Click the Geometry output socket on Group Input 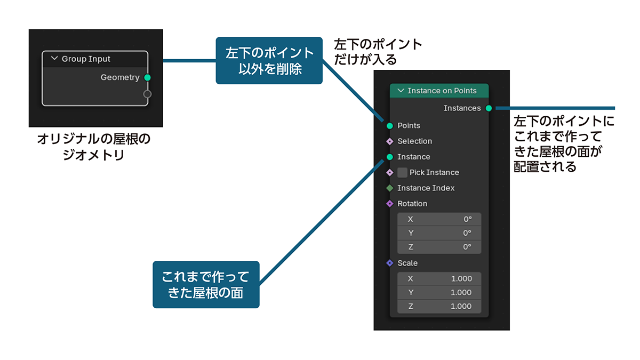(x=148, y=78)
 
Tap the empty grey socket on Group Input (x=148, y=94)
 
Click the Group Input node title (x=86, y=59)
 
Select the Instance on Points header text (x=442, y=91)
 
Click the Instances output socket (x=489, y=108)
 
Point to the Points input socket (x=390, y=126)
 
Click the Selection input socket (x=390, y=141)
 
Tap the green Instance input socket (x=390, y=157)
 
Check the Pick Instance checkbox (x=402, y=172)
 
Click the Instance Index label (x=426, y=188)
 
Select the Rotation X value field (x=439, y=219)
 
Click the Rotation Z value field (x=439, y=247)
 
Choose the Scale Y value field (x=439, y=292)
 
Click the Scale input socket (x=390, y=263)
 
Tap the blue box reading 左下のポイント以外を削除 (x=269, y=60)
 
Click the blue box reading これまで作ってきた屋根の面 (x=206, y=284)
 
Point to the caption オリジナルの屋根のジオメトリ (x=94, y=147)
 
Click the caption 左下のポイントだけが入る (x=377, y=52)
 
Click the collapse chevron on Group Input (x=54, y=59)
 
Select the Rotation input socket (x=390, y=204)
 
